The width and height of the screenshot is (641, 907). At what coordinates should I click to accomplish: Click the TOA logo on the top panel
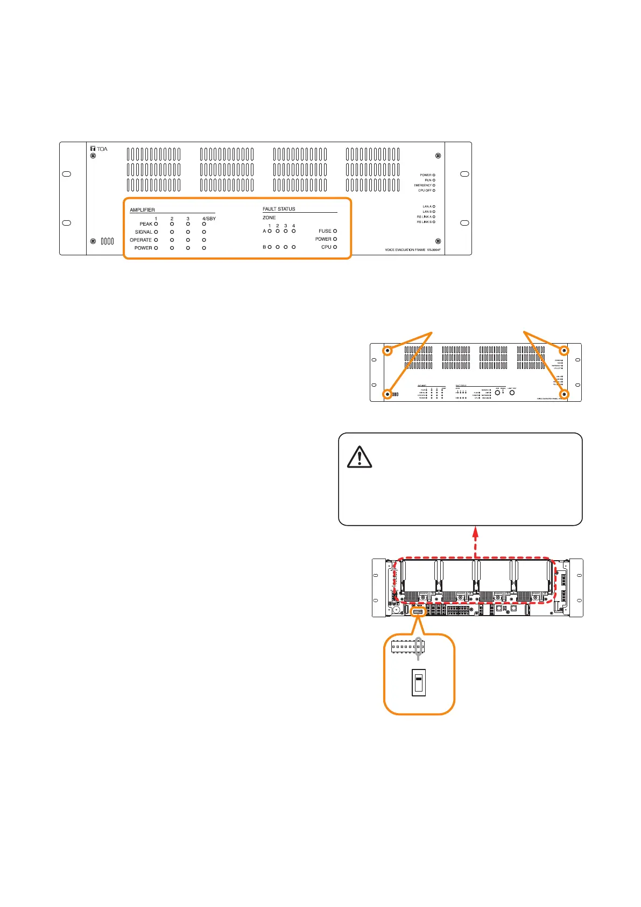(x=99, y=149)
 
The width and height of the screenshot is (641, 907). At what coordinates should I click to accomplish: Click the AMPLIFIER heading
(x=142, y=210)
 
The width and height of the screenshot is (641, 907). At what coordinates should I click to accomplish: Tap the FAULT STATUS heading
(x=279, y=209)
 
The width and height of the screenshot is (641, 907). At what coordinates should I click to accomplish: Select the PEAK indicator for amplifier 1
(x=156, y=224)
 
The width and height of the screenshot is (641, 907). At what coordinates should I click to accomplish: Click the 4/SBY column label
(x=209, y=219)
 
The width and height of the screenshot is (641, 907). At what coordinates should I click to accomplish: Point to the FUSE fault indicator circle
(x=335, y=231)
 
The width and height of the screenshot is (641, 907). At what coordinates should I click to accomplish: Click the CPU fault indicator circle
(x=335, y=247)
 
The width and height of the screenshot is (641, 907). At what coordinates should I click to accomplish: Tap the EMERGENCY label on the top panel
(x=422, y=185)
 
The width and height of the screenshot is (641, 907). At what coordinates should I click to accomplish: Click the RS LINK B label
(x=424, y=222)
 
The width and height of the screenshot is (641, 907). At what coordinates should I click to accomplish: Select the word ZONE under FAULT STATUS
(x=269, y=218)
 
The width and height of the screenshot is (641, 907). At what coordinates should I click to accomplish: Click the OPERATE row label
(x=140, y=240)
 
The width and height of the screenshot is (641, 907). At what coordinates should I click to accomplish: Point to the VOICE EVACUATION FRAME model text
(x=412, y=250)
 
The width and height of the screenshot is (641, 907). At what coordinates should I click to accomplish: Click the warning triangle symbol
(x=360, y=457)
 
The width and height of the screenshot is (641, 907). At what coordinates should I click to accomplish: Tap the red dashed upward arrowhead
(x=475, y=531)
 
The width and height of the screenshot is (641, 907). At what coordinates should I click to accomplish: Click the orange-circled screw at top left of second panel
(x=387, y=351)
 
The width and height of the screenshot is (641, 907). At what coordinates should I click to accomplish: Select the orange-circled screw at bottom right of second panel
(x=565, y=395)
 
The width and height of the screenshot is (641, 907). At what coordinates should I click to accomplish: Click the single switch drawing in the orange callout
(x=419, y=682)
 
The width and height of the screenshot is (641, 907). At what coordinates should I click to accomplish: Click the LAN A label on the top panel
(x=427, y=206)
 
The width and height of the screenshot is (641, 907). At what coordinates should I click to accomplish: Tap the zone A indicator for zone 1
(x=270, y=231)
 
